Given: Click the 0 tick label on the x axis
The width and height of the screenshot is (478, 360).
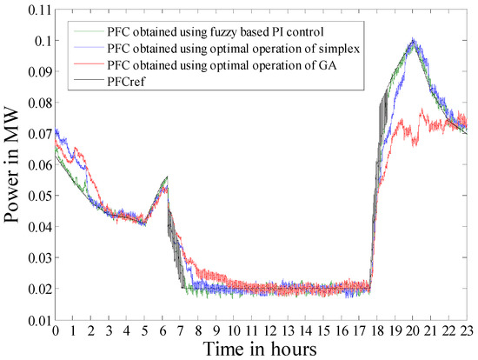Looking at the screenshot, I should (x=55, y=330).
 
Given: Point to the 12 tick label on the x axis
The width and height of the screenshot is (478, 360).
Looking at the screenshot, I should (x=270, y=330).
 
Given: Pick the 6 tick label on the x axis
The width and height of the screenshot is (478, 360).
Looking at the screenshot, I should (x=163, y=330).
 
